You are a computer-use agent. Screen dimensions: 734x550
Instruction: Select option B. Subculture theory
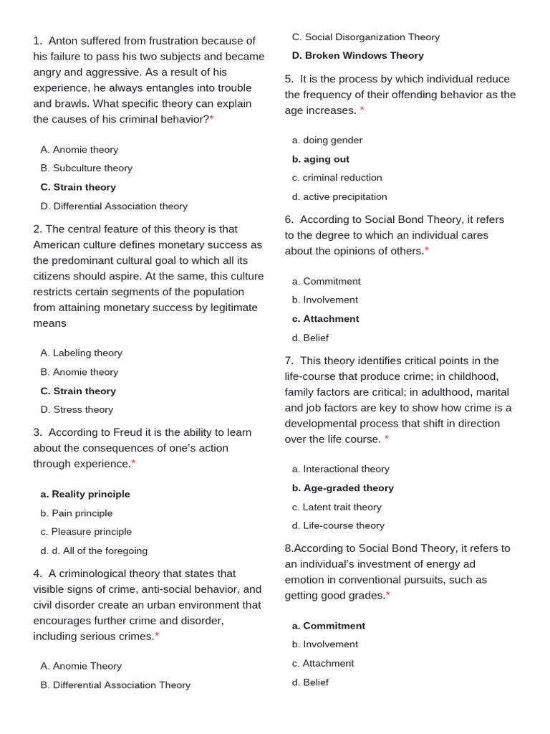coord(86,168)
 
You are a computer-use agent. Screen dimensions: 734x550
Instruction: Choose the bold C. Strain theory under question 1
coord(78,187)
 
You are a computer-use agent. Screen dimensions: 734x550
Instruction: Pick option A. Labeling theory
coord(81,353)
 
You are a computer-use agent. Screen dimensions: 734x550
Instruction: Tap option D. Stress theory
coord(77,410)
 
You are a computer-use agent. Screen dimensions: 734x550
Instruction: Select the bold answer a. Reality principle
coord(85,495)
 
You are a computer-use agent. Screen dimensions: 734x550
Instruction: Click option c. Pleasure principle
coord(86,532)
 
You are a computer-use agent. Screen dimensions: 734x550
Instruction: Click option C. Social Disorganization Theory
coord(365,37)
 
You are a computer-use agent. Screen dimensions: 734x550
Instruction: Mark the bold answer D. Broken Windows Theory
coord(357,56)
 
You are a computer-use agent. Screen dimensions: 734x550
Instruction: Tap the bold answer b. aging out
coord(320,159)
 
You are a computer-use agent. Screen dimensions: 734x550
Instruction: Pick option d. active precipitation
coord(339,197)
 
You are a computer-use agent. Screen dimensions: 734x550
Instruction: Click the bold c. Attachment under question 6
coord(325,319)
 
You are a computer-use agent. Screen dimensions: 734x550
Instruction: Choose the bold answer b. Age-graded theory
coord(342,488)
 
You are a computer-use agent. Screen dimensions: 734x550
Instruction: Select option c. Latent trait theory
coord(337,507)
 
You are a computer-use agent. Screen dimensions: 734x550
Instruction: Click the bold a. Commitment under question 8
coord(328,626)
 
